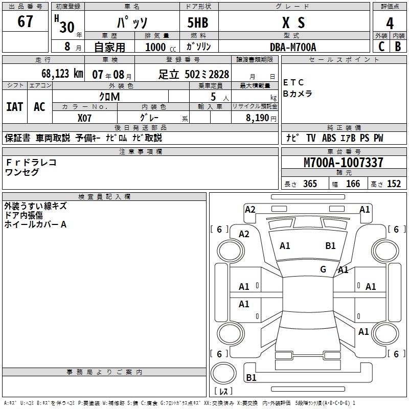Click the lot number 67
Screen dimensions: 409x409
pos(25,22)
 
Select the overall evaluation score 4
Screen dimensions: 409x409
pos(390,23)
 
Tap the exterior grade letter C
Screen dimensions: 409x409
pos(381,46)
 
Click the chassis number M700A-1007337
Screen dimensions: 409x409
pos(343,163)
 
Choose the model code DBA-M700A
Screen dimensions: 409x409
pos(293,47)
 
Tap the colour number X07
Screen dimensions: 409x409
pos(85,117)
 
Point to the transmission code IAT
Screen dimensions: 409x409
pos(15,107)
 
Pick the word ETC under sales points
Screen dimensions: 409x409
pos(293,82)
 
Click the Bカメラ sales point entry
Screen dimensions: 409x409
pos(298,94)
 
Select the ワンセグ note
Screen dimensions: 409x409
pos(22,172)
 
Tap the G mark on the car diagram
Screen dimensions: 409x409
pos(323,269)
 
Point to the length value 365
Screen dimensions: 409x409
pos(310,184)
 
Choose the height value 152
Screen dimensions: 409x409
pos(394,184)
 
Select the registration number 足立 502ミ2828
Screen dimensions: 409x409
pos(194,74)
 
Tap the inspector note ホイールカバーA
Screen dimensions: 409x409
pos(36,224)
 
